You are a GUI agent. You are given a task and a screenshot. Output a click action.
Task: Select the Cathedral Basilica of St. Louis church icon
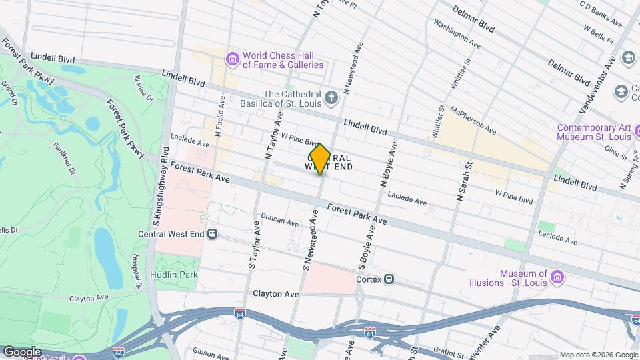[331, 99]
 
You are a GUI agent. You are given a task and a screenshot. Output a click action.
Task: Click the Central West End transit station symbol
[213, 234]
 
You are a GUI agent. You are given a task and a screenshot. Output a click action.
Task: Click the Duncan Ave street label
[280, 220]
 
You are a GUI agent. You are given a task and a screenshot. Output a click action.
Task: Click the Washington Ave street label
[457, 32]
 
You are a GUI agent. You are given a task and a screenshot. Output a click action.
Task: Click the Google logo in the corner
[22, 351]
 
